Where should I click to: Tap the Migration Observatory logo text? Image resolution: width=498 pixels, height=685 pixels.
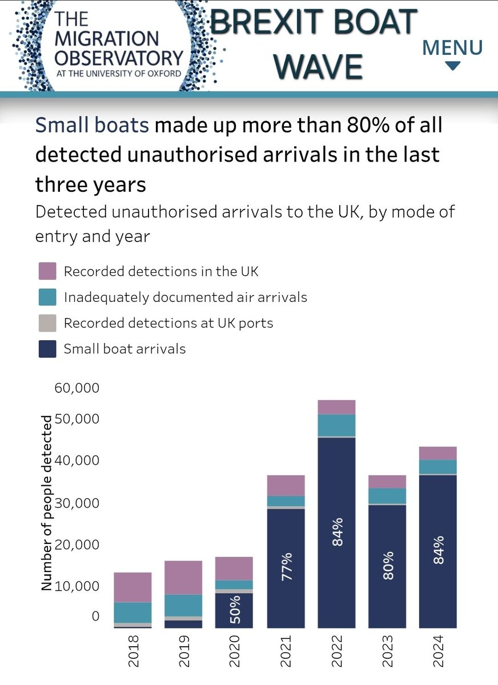click(119, 46)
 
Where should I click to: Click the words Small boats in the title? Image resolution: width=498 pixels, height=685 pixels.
click(92, 125)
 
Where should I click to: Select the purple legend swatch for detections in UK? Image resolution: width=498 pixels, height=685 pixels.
click(47, 271)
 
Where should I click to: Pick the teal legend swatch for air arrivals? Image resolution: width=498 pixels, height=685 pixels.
click(47, 297)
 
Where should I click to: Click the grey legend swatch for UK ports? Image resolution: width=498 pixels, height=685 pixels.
click(47, 323)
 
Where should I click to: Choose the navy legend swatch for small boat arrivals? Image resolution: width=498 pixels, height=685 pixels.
click(47, 349)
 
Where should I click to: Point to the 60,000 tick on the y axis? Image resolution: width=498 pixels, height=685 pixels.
click(77, 388)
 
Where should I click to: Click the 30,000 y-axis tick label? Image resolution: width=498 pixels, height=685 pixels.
click(77, 503)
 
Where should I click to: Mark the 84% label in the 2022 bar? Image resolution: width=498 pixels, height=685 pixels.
click(337, 532)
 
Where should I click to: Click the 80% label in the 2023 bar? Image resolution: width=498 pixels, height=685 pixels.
click(387, 565)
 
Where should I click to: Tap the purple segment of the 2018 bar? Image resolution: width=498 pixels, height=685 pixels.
click(132, 587)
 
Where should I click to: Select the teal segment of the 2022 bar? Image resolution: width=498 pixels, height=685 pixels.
click(337, 425)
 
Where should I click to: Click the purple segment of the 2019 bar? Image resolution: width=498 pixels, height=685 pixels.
click(183, 577)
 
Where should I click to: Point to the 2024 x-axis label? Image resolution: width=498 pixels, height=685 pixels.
click(438, 651)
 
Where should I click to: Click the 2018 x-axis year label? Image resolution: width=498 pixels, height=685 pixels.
click(132, 651)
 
